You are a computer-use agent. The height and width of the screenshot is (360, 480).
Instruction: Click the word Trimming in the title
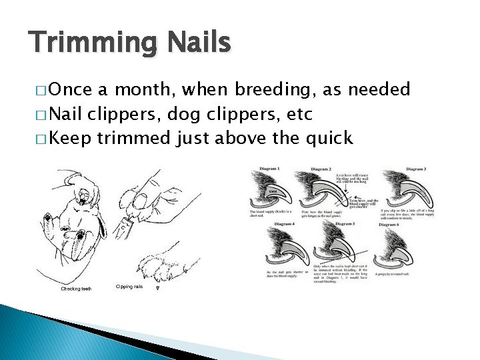[x=87, y=43]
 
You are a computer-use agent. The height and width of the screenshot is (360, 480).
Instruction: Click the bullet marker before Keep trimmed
[x=43, y=139]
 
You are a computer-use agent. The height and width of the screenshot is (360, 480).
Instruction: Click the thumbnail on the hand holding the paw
[x=141, y=199]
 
